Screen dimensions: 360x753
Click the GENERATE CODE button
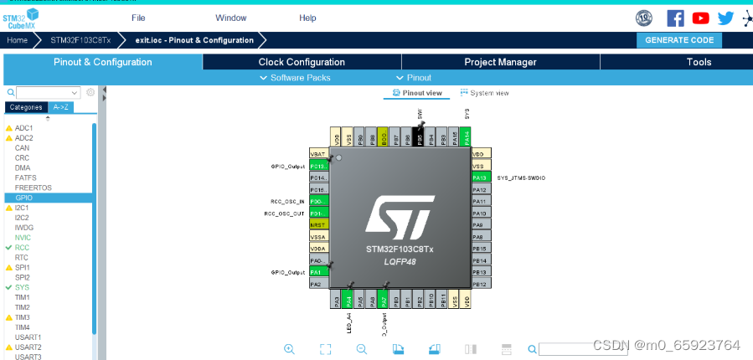(679, 40)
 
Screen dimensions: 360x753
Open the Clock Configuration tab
(302, 62)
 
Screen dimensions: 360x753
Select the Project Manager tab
(500, 62)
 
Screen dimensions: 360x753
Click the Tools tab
(699, 62)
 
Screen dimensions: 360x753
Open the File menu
(138, 18)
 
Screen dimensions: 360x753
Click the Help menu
(307, 18)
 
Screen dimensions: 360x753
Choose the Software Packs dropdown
(296, 77)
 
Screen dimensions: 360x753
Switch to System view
(485, 93)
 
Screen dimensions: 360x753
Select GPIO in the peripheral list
(23, 198)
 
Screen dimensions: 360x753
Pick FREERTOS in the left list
(33, 188)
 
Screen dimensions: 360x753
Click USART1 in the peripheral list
(28, 337)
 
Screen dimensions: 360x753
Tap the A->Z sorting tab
(61, 107)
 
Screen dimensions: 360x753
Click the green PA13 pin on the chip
(480, 177)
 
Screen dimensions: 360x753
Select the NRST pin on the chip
(318, 225)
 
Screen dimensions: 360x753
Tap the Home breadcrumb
(18, 40)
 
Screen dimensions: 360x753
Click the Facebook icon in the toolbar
(675, 18)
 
